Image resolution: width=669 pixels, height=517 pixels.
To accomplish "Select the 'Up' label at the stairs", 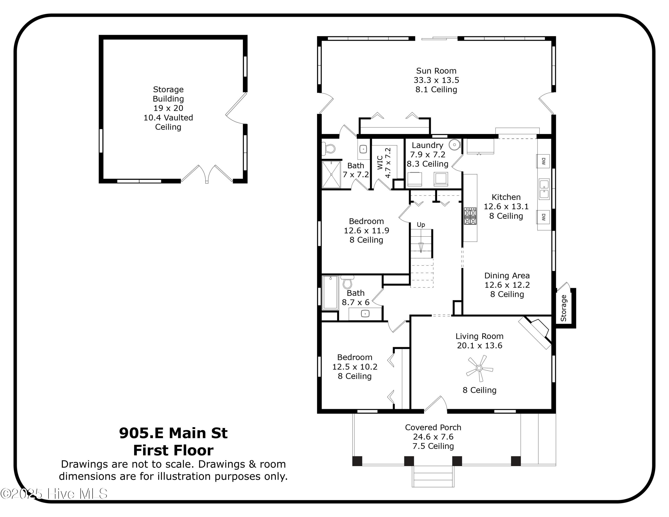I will tap(421, 225).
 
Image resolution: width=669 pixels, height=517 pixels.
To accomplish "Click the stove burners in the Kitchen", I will tap(470, 216).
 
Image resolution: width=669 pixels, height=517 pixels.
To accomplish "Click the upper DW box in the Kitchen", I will tap(543, 161).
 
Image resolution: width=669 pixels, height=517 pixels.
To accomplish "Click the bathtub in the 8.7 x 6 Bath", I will tap(330, 292).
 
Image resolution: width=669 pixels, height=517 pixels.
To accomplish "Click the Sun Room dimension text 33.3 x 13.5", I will tap(436, 80).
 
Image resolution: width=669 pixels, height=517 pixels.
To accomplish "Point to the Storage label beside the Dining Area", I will tap(563, 308).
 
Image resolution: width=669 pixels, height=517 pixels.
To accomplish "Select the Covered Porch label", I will tap(433, 427).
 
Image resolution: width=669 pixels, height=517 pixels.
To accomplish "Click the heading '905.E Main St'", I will tap(173, 433).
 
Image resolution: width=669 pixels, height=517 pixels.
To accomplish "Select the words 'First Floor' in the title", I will tap(173, 451).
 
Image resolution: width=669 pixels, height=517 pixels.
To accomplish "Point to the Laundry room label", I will tap(427, 145).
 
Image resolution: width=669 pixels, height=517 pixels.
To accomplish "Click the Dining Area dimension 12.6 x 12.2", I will tap(507, 285).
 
